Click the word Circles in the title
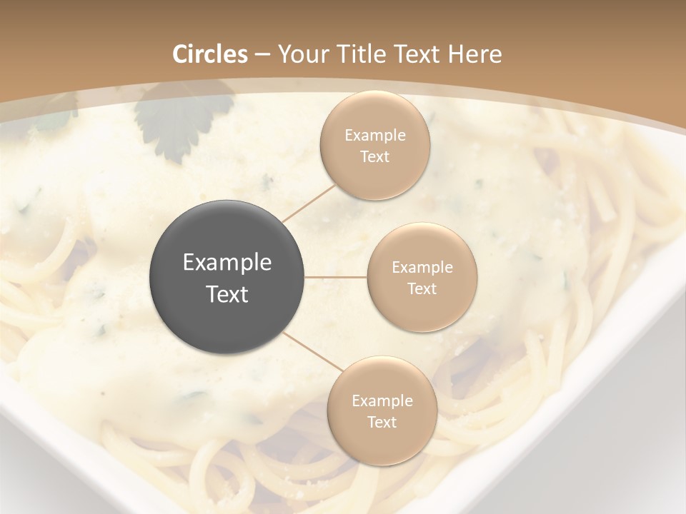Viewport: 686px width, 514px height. [210, 54]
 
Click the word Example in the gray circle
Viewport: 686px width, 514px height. [227, 263]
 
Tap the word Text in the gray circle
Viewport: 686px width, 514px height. [227, 294]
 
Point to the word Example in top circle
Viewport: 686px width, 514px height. [374, 136]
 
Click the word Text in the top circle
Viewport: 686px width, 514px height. [374, 157]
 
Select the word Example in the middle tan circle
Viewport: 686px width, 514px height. [422, 268]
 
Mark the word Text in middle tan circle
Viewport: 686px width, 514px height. [422, 289]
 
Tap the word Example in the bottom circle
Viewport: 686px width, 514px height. [382, 401]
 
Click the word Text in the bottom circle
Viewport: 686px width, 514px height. [382, 423]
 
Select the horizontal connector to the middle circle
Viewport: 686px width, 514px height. [336, 276]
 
